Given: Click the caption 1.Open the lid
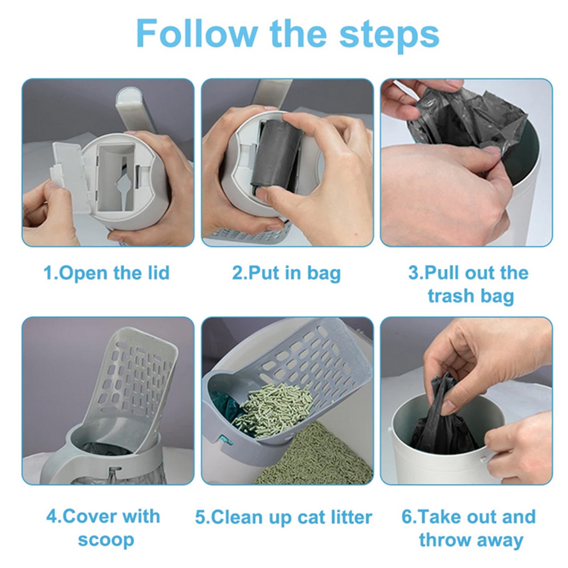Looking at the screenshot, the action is [x=106, y=273].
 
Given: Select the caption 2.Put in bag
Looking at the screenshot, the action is [x=286, y=273].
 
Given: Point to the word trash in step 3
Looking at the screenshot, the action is [x=450, y=296].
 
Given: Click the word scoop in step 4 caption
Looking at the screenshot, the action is [x=106, y=540].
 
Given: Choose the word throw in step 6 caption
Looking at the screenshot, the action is [x=445, y=540].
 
